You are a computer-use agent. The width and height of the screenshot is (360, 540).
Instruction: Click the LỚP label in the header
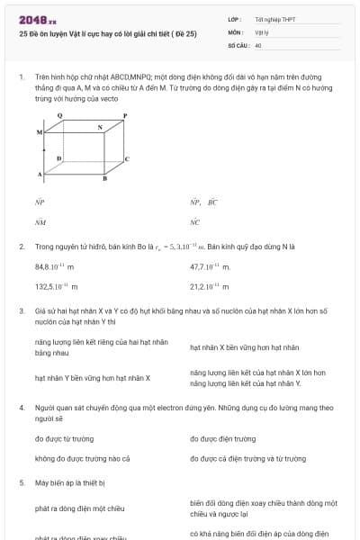235,19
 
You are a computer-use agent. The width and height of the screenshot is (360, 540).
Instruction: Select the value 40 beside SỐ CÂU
258,44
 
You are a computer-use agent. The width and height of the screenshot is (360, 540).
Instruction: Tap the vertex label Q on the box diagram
59,115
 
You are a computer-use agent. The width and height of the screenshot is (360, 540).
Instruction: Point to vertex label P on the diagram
125,115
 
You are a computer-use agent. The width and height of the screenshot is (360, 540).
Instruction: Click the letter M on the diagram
40,132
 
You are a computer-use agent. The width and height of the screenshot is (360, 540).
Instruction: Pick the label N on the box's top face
100,128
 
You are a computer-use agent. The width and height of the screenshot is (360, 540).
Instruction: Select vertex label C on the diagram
126,158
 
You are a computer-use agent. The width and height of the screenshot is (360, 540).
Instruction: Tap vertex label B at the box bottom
104,178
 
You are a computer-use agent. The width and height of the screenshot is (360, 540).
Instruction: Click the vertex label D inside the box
58,158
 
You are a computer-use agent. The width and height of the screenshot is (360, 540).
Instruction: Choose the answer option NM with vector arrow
40,220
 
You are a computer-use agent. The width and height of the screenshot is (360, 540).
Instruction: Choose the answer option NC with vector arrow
195,220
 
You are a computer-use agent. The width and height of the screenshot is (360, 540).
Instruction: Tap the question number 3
22,310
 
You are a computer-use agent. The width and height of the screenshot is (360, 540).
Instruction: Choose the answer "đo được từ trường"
64,438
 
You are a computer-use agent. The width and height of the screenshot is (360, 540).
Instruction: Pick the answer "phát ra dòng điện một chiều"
79,508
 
